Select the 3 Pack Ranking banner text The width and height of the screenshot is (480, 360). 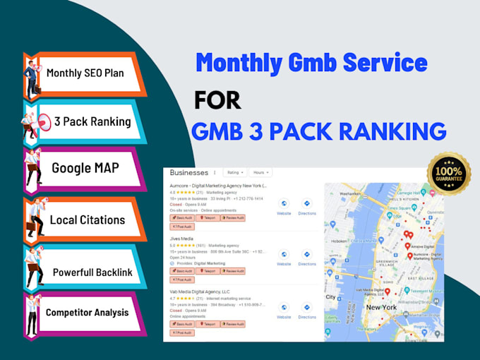tap(92, 121)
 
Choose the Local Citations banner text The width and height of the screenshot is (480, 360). tap(87, 220)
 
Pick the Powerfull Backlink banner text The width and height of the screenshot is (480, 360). tap(92, 272)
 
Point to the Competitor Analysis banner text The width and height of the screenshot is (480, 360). tap(86, 312)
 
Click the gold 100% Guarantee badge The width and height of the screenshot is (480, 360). tap(449, 174)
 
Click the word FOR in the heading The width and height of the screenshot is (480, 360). tap(217, 100)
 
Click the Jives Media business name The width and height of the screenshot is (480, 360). tap(181, 239)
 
